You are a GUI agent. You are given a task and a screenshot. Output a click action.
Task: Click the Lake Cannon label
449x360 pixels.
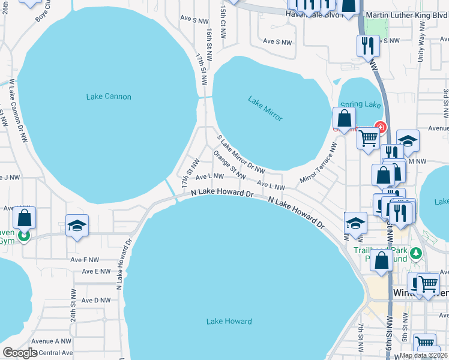pos(109,97)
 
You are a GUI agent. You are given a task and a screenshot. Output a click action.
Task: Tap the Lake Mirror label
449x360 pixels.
pos(265,109)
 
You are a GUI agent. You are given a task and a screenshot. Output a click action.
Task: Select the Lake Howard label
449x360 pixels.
pos(229,322)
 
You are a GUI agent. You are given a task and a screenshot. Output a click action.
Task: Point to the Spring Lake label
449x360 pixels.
pos(361,104)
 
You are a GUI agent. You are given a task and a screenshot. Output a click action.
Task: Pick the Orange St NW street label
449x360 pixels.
pos(230,166)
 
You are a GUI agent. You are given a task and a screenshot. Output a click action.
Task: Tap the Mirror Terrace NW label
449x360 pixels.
pos(319,163)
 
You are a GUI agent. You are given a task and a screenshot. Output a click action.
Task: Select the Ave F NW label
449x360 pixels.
pos(83,260)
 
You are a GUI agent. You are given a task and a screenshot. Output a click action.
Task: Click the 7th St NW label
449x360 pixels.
pos(360,339)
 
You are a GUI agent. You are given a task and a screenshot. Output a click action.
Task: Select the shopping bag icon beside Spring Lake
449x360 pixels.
pos(345,118)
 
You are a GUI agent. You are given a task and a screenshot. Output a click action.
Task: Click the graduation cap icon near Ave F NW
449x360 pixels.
pos(77,226)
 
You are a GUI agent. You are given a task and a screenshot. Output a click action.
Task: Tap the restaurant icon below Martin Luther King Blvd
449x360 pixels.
pos(367,45)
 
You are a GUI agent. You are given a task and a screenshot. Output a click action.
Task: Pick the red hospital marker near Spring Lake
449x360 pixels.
pos(379,127)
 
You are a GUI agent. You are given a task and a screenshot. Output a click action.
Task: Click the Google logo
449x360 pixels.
pos(20,353)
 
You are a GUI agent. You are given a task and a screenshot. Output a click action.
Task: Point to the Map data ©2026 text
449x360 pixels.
pos(423,355)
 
